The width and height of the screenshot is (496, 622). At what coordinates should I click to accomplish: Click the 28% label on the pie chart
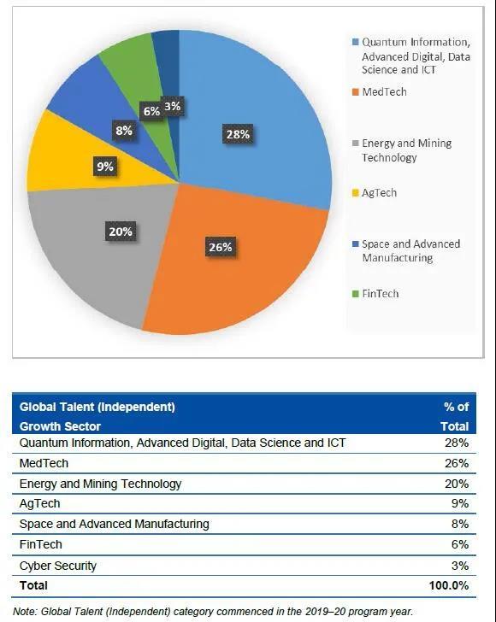pos(238,134)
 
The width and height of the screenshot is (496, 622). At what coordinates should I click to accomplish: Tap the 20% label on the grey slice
pos(121,232)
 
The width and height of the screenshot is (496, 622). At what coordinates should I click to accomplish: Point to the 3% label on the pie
pos(173,106)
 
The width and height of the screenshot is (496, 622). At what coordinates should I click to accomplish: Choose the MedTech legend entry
pos(380,92)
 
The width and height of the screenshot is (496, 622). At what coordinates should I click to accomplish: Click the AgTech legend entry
pos(375,193)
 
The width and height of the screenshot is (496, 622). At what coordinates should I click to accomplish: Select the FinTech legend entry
pos(375,294)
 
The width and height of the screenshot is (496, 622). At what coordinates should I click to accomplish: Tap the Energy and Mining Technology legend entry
pos(402,150)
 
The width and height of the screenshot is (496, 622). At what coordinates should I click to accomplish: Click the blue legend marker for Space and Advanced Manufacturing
pos(356,244)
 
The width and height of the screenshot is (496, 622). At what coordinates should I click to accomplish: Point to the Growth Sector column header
pos(60,426)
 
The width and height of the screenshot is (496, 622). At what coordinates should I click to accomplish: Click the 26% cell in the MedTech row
pos(457,463)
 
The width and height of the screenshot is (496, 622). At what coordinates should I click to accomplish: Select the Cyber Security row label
pos(58,566)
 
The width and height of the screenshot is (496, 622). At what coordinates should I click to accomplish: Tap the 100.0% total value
pos(449,585)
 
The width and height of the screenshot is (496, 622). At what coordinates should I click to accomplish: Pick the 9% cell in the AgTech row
pos(460,503)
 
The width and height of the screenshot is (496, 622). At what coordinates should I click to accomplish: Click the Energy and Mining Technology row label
pos(100,484)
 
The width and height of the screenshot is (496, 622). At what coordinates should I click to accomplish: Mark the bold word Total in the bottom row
pos(33,585)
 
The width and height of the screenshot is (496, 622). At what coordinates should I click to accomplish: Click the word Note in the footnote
pos(25,611)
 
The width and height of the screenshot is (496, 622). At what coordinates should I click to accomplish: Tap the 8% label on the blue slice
pos(124,131)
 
